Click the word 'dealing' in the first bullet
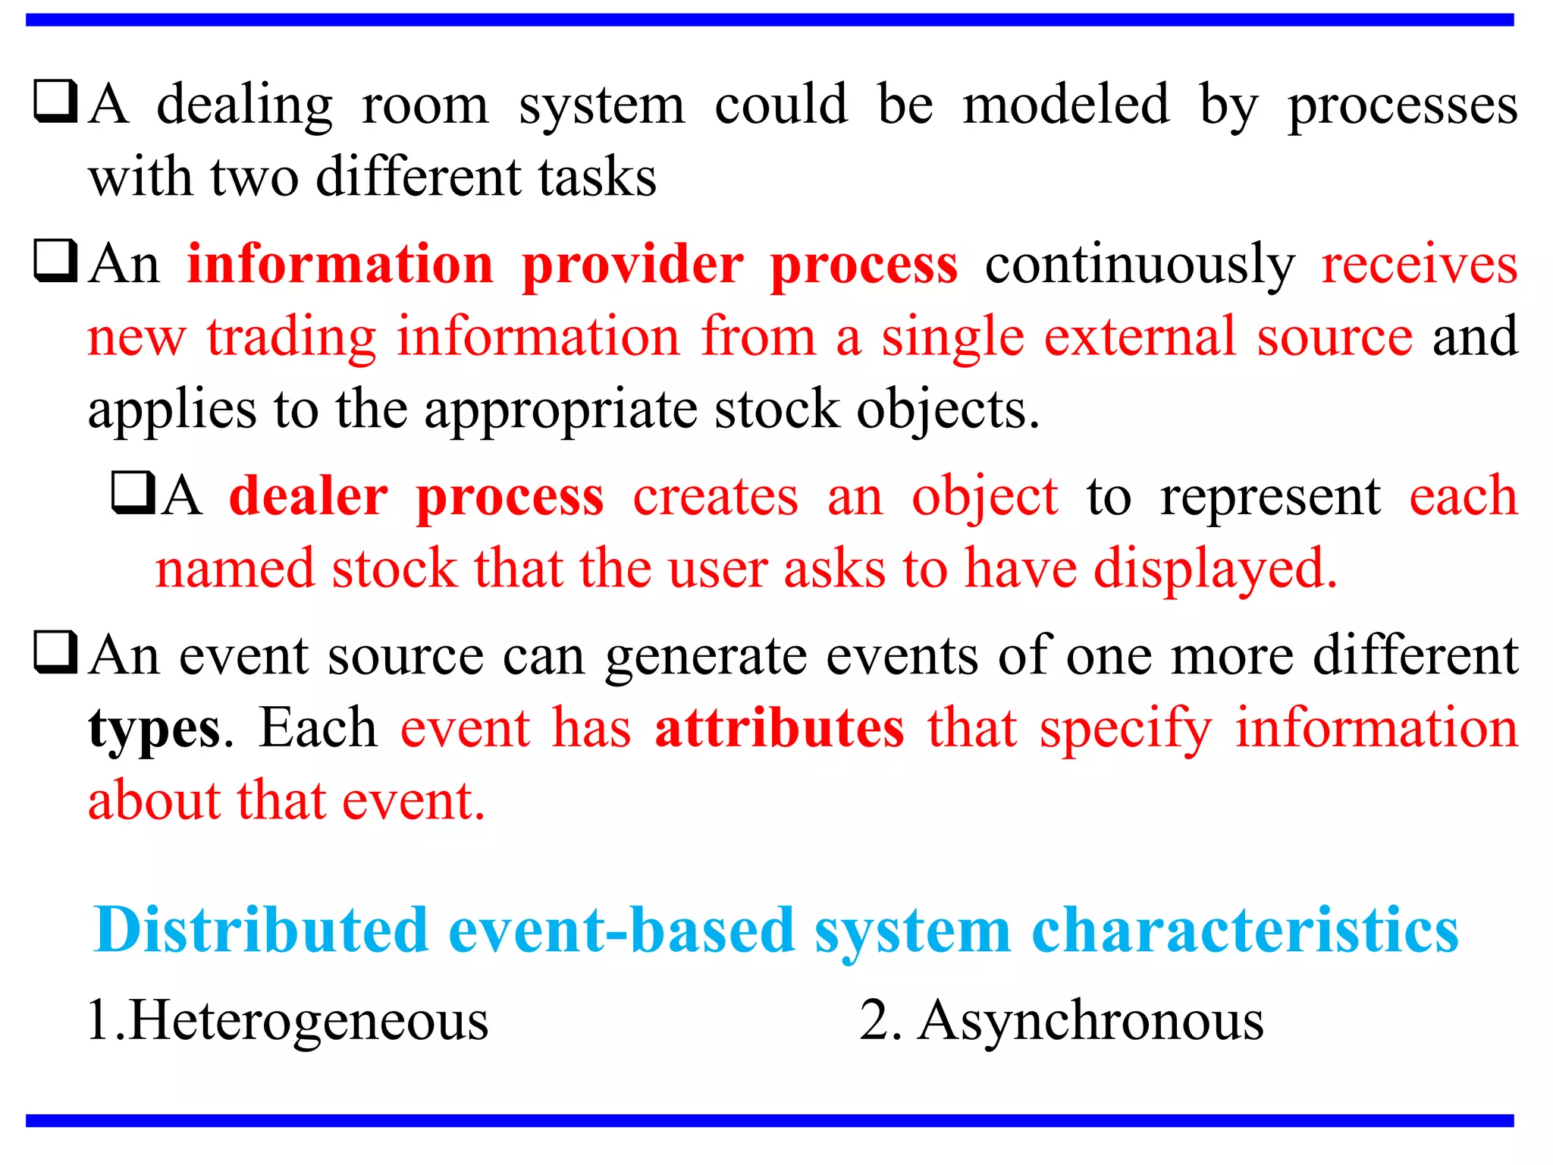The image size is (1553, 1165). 244,106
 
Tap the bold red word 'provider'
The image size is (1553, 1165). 632,265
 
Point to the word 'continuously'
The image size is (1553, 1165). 1140,266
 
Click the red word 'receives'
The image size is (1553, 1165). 1419,265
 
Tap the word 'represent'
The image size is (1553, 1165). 1270,498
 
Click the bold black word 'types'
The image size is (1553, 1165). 154,730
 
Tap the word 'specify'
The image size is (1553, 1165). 1125,730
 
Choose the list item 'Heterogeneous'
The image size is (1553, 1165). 308,1021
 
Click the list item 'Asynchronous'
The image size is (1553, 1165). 1090,1021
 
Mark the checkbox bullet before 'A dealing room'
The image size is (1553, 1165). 55,102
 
